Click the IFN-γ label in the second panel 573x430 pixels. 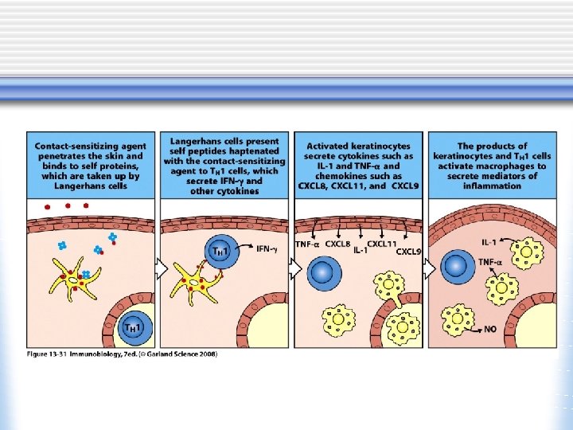[x=267, y=248]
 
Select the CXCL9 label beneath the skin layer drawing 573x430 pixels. [x=408, y=252]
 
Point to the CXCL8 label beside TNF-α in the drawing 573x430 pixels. [x=337, y=244]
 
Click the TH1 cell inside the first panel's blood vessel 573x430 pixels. [x=132, y=326]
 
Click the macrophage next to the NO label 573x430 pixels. [x=458, y=319]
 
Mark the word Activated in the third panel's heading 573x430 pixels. [x=329, y=146]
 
